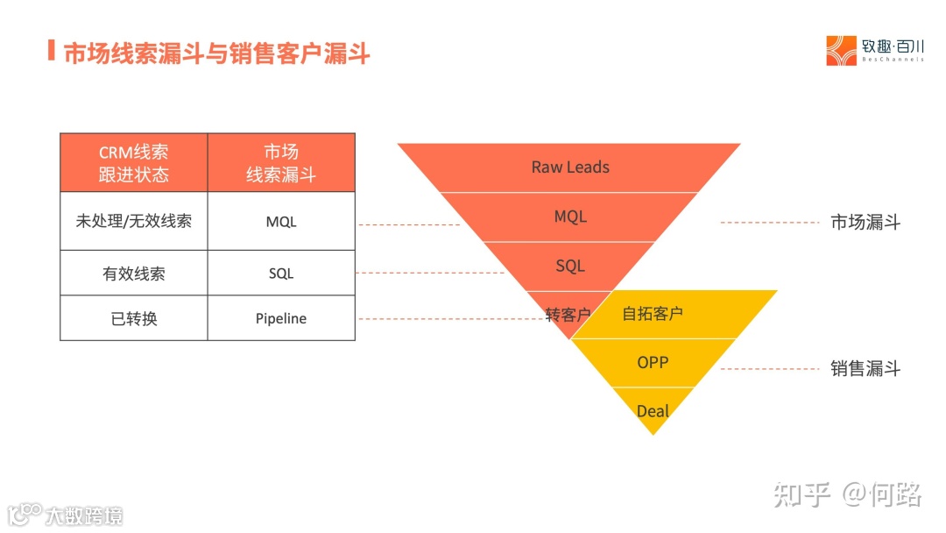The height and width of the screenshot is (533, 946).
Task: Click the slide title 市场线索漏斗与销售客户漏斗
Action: click(x=217, y=53)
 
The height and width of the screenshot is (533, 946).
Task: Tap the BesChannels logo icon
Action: click(x=841, y=51)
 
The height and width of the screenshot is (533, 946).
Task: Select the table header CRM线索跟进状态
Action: click(x=133, y=163)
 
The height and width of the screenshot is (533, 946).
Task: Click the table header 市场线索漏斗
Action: click(x=281, y=163)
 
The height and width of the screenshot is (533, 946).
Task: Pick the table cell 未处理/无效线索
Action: click(x=133, y=221)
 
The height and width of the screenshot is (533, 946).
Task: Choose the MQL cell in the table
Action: click(x=281, y=222)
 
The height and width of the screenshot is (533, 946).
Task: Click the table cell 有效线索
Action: click(x=133, y=274)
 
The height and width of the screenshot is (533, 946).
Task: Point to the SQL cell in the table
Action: click(x=281, y=274)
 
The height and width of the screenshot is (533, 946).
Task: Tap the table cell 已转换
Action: click(x=133, y=318)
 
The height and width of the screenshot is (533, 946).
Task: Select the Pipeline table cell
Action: click(x=281, y=318)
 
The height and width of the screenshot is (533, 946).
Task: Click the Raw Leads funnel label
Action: click(x=570, y=167)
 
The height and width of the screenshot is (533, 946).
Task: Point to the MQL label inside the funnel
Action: click(x=570, y=216)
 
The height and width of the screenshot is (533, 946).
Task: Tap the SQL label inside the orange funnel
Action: click(x=570, y=266)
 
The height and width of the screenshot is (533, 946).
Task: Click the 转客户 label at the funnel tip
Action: click(x=568, y=315)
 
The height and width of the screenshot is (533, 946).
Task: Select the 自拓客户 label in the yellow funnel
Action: click(x=653, y=313)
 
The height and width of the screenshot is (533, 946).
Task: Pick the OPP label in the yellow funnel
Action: click(x=653, y=361)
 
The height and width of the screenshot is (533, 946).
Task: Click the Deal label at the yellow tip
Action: click(x=653, y=411)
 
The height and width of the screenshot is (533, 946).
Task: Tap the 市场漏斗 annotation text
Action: click(x=865, y=222)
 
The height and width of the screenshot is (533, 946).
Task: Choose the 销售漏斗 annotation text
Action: click(x=865, y=368)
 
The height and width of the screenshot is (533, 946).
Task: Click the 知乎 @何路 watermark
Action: click(x=847, y=494)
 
